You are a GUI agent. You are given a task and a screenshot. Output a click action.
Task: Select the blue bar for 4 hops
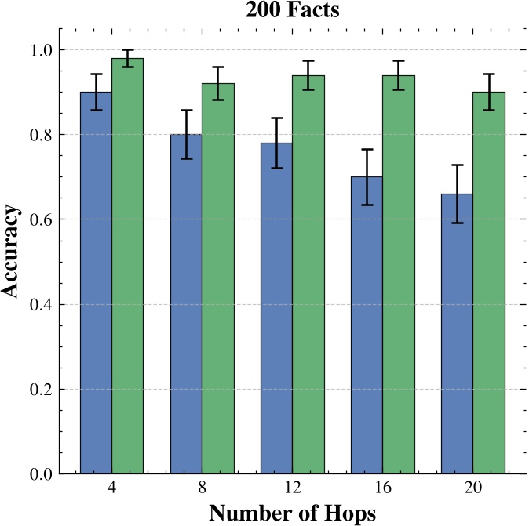[x=96, y=282]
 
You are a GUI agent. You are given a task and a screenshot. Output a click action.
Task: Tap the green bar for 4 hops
[x=127, y=266]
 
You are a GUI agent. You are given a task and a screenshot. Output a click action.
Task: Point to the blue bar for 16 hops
[x=367, y=325]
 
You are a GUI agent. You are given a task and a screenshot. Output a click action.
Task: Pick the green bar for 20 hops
[x=488, y=282]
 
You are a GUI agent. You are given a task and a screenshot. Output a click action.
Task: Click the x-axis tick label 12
[x=292, y=488]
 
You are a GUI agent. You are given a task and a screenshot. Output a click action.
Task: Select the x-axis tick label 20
[x=472, y=488]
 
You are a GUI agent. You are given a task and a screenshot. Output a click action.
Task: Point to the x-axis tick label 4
[x=111, y=488]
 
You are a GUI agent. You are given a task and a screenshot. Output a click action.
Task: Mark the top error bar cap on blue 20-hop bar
[x=457, y=165]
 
